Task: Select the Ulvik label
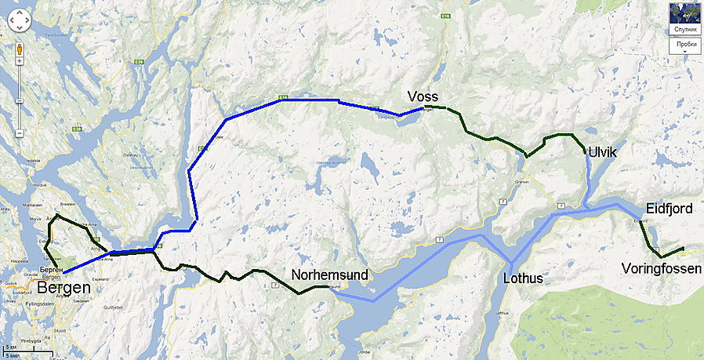click(602, 153)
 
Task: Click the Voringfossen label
click(662, 269)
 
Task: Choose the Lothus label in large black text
click(523, 278)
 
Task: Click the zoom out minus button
click(19, 133)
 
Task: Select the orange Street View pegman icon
click(19, 53)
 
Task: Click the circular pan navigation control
click(19, 21)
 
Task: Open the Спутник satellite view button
click(685, 29)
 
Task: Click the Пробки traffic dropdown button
click(684, 45)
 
